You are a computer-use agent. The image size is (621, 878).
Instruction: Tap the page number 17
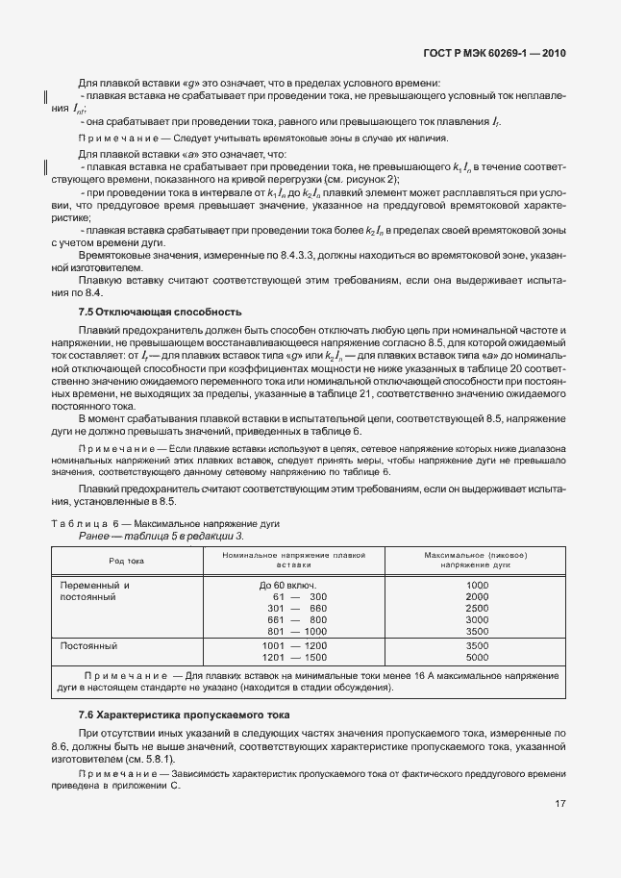(559, 804)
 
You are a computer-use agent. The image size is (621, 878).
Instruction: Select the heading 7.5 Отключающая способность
(159, 312)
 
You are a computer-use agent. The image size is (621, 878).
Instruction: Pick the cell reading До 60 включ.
(288, 586)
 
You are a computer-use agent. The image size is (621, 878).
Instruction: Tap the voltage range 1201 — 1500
(294, 658)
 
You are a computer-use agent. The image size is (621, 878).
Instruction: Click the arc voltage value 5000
(477, 658)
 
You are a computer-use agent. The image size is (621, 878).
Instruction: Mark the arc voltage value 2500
(477, 609)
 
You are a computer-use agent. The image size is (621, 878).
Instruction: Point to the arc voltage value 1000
(477, 586)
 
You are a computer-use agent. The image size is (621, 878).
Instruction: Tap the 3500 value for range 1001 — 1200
(477, 646)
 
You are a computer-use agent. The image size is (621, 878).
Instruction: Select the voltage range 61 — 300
(298, 597)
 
